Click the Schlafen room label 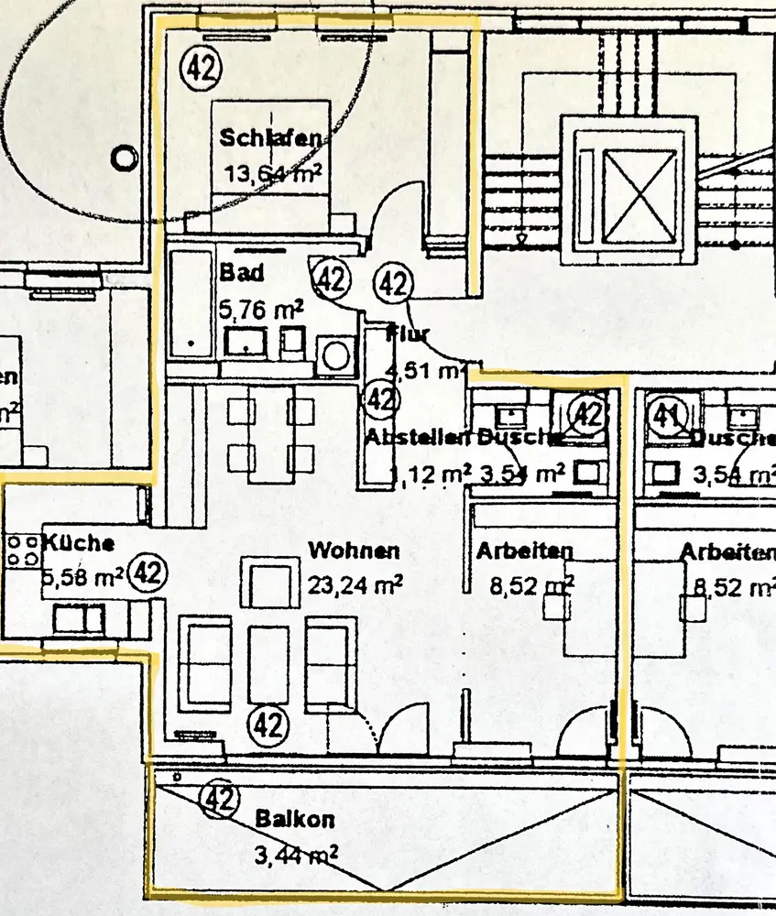(x=270, y=138)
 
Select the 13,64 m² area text (x=272, y=172)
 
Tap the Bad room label (x=242, y=273)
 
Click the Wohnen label (x=354, y=551)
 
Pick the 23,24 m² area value (x=355, y=584)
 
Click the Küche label (x=78, y=543)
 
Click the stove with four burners (x=22, y=550)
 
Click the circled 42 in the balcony (x=219, y=799)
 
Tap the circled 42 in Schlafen (x=201, y=66)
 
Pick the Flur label (x=409, y=333)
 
